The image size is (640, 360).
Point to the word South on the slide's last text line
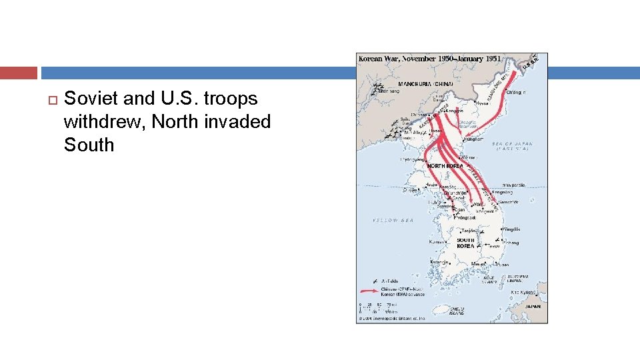coord(89,145)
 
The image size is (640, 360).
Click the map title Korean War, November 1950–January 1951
coord(429,59)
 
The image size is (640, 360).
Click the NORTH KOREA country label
coord(445,165)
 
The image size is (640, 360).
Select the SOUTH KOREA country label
coord(465,243)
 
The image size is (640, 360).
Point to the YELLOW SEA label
coord(393,220)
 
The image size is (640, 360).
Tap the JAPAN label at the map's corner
coord(533,307)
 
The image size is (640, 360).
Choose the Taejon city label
coord(470,231)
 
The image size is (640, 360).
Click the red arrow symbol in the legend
coord(367,291)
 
